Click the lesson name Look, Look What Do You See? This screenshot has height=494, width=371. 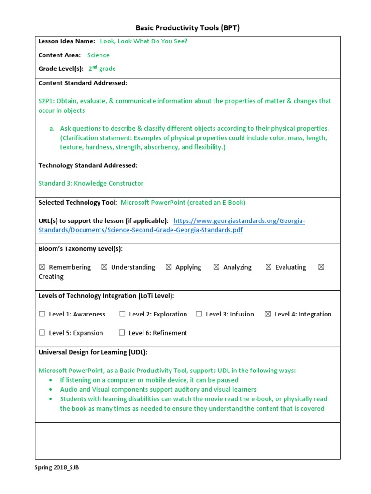[x=143, y=41]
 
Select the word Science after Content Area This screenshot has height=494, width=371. [x=98, y=55]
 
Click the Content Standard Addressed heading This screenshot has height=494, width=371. [x=83, y=83]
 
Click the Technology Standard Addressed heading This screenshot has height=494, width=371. [x=88, y=165]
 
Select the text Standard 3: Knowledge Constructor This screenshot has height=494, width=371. [x=91, y=183]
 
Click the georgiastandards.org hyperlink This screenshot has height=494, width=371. [x=239, y=220]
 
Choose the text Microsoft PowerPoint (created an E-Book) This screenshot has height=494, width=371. [x=183, y=202]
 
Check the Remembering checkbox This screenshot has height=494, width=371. [x=42, y=267]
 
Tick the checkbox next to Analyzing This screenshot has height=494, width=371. [x=216, y=267]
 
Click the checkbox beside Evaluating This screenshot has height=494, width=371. [x=268, y=267]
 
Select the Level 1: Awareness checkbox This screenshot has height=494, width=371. [x=42, y=314]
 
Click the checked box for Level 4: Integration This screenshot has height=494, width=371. [x=268, y=314]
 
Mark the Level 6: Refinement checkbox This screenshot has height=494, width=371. [x=122, y=333]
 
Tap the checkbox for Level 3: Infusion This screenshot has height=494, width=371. [x=199, y=314]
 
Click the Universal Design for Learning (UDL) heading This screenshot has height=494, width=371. [x=93, y=352]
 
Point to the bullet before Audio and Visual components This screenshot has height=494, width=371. [x=51, y=390]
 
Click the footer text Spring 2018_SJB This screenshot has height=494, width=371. [x=57, y=467]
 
